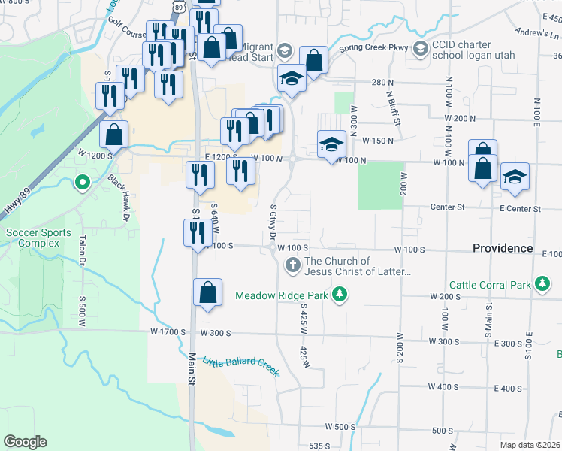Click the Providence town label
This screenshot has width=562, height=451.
tap(503, 248)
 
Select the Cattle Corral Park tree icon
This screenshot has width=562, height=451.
tap(541, 284)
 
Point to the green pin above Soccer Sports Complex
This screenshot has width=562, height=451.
tap(82, 182)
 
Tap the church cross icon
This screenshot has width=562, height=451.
tap(293, 265)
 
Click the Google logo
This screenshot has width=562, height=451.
tap(25, 442)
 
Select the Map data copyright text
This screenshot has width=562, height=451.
tap(530, 445)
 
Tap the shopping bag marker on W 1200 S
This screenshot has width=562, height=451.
tap(113, 135)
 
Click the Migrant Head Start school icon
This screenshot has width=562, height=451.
tap(284, 51)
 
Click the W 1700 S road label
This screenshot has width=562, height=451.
tap(168, 331)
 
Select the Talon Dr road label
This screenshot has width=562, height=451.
tap(83, 250)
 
